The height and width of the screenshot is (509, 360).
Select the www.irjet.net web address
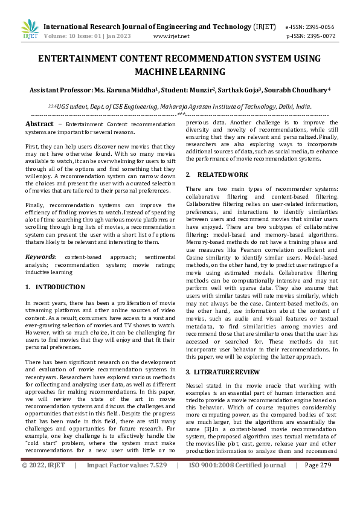pos(172,36)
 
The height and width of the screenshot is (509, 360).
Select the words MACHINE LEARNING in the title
pos(180,72)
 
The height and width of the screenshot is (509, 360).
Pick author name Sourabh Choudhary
pos(298,90)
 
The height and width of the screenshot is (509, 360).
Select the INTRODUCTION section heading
pos(59,287)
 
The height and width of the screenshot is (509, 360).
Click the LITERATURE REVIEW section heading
pos(225,372)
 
